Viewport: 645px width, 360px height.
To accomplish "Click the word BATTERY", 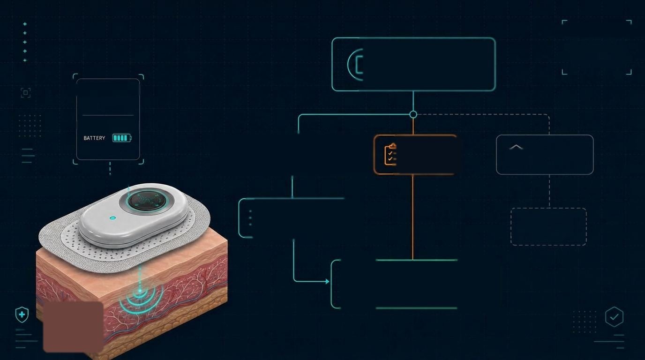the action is tap(94, 138).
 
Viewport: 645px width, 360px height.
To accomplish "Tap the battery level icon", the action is tap(122, 138).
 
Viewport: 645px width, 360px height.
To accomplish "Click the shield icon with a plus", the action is tap(22, 315).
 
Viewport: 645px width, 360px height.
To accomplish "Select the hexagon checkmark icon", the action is tap(614, 317).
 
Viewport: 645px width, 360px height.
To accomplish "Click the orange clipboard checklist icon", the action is tap(390, 154).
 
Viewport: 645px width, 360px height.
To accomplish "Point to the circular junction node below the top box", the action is tap(413, 114).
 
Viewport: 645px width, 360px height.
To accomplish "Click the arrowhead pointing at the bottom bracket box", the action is tap(327, 281).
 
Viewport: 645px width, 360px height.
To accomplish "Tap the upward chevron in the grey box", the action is tap(516, 147).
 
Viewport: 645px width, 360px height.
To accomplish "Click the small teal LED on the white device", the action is tap(113, 218).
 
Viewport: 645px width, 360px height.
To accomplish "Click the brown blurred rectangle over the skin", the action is tap(73, 327).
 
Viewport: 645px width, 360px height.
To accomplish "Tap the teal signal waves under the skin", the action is tap(141, 300).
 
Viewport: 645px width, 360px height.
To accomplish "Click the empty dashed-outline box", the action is tap(548, 227).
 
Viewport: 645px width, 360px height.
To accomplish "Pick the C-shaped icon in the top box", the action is tap(355, 65).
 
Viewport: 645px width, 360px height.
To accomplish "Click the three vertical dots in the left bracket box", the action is tap(250, 217).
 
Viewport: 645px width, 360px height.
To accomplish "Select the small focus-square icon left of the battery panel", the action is tap(26, 93).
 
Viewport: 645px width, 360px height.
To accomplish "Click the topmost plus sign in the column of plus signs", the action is tap(25, 24).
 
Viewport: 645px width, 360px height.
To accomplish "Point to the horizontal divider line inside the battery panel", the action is tap(108, 115).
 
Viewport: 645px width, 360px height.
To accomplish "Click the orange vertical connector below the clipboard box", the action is tap(413, 217).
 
